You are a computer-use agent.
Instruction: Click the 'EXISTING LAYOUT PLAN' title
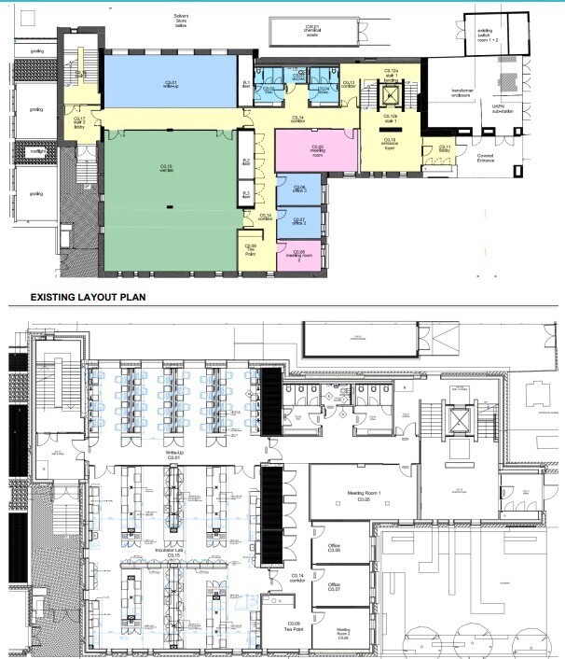pos(91,299)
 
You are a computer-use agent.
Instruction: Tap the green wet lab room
pos(168,196)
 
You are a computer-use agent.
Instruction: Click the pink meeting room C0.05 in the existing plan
pos(317,149)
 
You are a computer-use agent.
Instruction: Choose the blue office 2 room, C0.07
pos(298,222)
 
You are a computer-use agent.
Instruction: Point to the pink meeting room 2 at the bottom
pos(298,254)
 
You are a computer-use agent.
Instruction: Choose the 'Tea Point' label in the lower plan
pos(293,625)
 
